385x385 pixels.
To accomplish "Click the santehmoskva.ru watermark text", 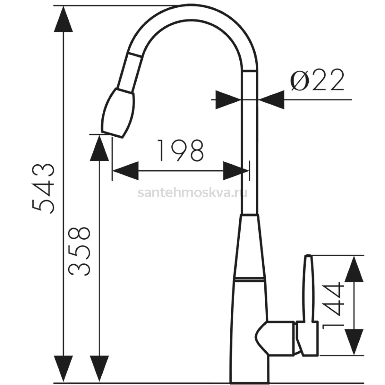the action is pyautogui.click(x=193, y=193).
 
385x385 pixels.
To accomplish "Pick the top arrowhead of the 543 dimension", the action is pyautogui.click(x=63, y=19).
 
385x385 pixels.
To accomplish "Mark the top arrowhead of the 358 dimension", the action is pyautogui.click(x=99, y=148).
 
